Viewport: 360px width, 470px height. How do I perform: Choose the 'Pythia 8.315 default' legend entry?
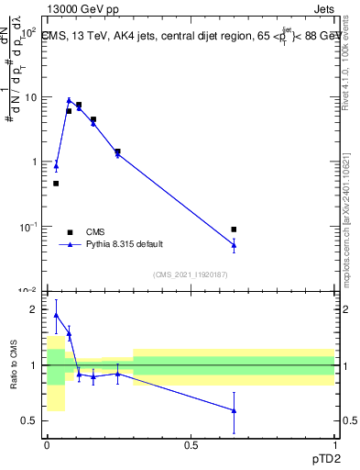click(x=124, y=244)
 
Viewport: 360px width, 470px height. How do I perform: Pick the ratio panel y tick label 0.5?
click(x=30, y=421)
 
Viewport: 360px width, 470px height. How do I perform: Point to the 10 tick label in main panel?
click(x=31, y=96)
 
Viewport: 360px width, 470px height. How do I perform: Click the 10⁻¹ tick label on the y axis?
click(x=29, y=226)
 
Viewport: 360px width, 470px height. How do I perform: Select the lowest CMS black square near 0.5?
click(x=56, y=184)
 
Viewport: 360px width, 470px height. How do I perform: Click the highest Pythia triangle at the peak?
click(x=69, y=101)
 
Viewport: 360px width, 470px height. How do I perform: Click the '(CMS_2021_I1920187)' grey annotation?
click(x=190, y=274)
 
